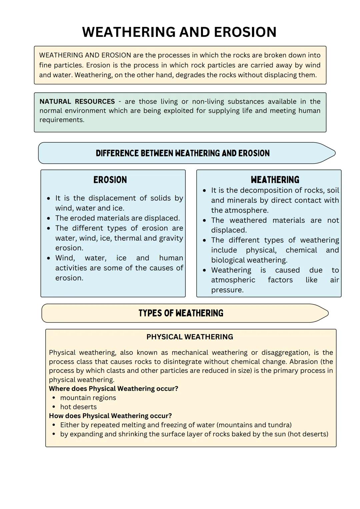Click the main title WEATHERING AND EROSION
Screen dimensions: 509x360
[x=179, y=32]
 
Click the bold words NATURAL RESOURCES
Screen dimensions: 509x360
[x=77, y=102]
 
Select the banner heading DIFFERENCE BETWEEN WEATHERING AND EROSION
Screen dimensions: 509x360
[x=183, y=153]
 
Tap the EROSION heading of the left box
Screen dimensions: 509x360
[x=110, y=180]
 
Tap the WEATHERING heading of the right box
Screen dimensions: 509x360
[x=275, y=180]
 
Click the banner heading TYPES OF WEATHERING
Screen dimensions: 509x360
[x=181, y=313]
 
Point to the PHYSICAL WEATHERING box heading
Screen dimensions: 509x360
[x=190, y=337]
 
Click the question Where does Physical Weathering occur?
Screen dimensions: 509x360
[x=113, y=389]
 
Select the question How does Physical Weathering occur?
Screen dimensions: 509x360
[x=110, y=416]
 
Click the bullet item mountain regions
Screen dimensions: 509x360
[x=88, y=398]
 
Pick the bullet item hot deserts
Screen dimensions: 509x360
[x=78, y=407]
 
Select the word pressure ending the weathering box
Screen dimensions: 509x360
[x=227, y=290]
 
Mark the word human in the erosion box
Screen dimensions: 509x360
[x=171, y=258]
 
